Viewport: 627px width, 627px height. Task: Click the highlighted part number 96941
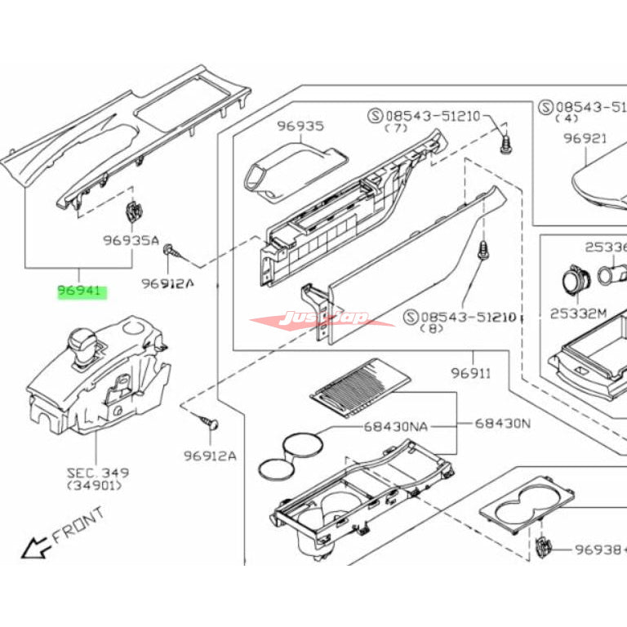[81, 290]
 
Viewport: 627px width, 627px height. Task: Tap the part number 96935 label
[299, 127]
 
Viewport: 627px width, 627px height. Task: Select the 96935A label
[130, 242]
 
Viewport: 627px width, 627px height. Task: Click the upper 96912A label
[167, 283]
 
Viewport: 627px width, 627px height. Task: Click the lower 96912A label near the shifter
[210, 456]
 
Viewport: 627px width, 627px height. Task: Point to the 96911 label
[470, 374]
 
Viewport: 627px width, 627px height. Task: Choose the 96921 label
[585, 139]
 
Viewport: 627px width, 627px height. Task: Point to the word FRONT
[78, 526]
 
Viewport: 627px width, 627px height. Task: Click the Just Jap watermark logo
[322, 318]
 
